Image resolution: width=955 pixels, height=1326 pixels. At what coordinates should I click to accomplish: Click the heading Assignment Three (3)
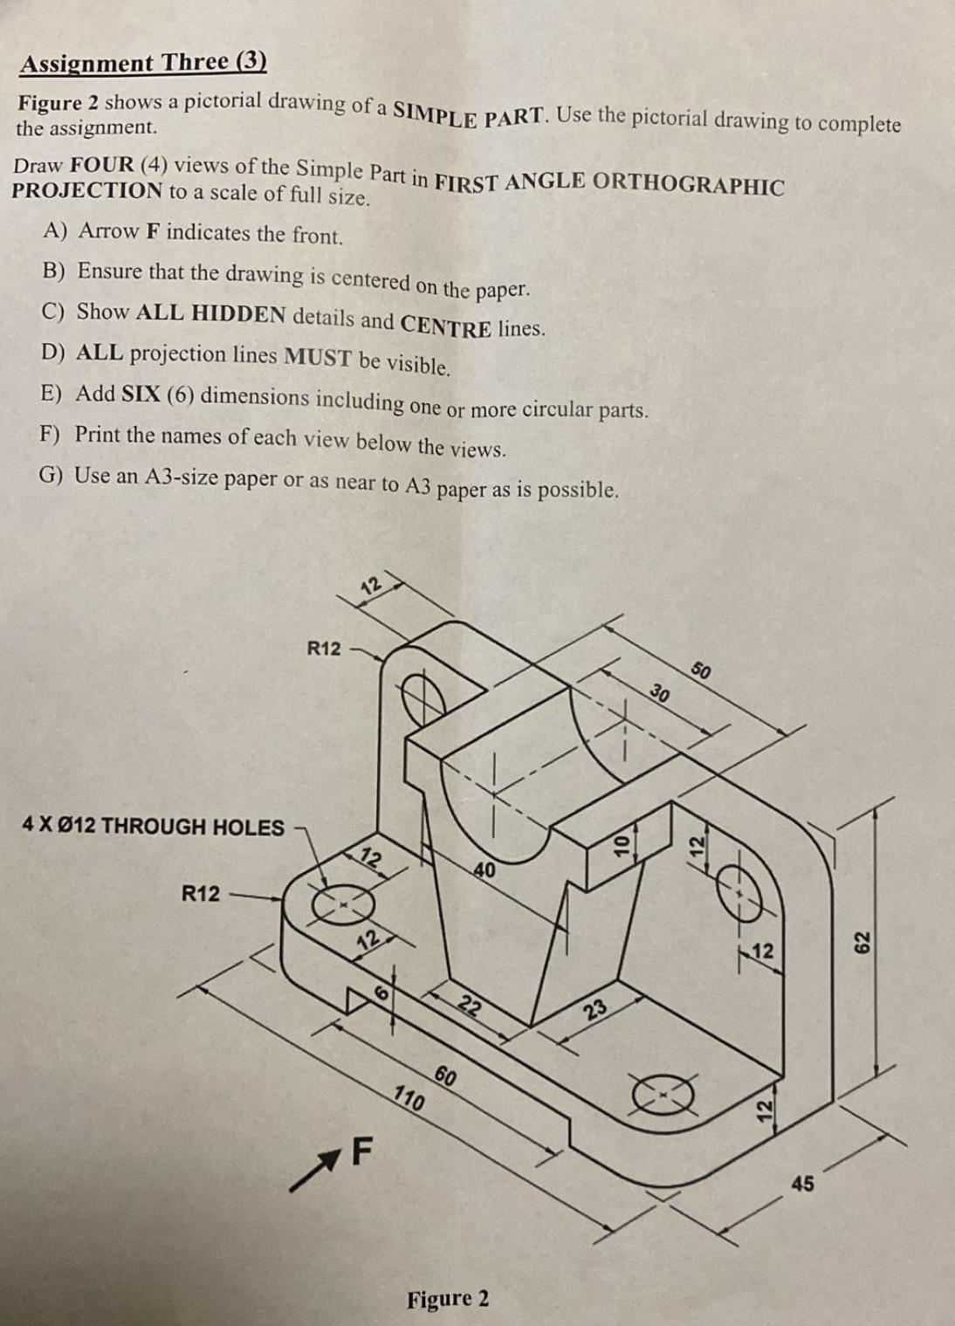click(143, 63)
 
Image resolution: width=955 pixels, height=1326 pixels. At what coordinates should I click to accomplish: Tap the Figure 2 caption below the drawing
click(448, 1299)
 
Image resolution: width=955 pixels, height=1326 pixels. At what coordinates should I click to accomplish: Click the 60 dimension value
click(445, 1076)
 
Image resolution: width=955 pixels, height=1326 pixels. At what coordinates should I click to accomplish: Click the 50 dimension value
click(701, 670)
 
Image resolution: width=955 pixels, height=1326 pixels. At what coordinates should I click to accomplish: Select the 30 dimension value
click(660, 695)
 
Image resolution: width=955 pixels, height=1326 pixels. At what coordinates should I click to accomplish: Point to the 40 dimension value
click(484, 869)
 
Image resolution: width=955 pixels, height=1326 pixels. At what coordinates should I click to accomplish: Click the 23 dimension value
click(596, 1011)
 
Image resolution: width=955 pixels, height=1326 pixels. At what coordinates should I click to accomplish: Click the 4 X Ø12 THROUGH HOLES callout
click(154, 826)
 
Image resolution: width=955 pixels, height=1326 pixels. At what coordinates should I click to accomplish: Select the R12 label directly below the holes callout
click(201, 894)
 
